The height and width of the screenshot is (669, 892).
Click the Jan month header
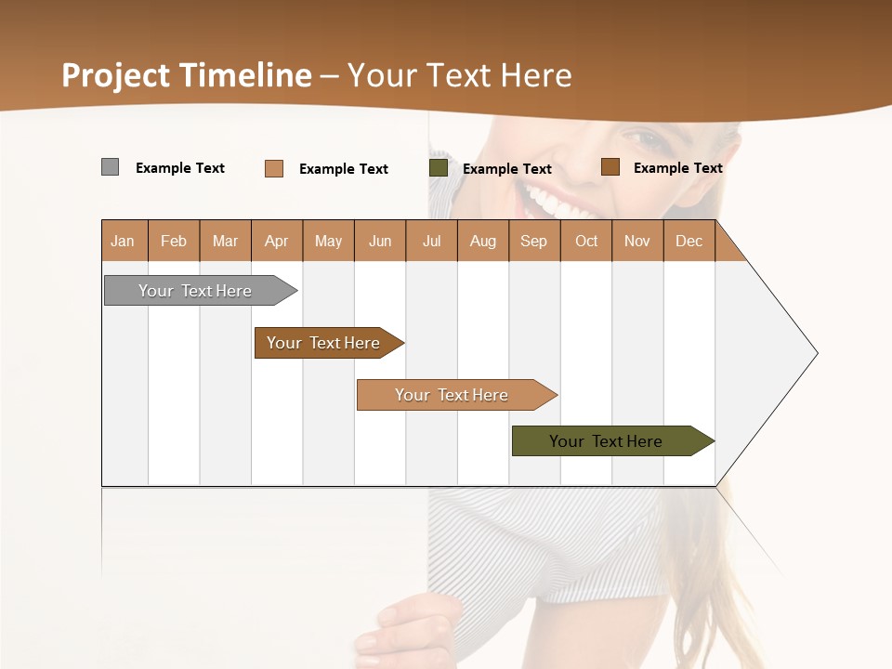124,241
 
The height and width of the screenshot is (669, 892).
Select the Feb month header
174,241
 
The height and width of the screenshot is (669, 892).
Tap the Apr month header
276,241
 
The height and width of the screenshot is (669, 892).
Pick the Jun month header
380,241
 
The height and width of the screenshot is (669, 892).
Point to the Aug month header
483,241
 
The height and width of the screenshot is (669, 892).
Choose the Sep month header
533,241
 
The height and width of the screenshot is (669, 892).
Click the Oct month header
586,241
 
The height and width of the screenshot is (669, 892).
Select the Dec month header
689,241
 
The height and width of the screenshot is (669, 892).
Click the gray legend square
110,167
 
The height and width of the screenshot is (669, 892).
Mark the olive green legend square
439,168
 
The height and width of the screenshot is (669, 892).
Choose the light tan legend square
274,168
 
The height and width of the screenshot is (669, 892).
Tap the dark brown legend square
610,167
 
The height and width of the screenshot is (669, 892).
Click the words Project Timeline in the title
186,75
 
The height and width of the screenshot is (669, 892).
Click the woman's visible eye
647,140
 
